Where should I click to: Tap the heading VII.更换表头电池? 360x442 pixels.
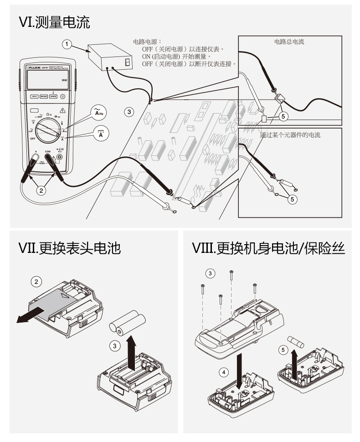(x=69, y=248)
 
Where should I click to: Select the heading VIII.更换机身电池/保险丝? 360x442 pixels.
(x=268, y=248)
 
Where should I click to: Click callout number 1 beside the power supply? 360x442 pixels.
(x=67, y=44)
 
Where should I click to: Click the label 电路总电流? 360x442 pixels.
(x=289, y=42)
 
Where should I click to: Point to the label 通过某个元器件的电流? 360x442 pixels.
(x=290, y=135)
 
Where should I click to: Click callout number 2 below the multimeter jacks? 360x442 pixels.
(x=41, y=190)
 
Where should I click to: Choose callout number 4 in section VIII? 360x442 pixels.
(x=223, y=372)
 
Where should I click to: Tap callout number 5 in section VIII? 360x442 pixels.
(x=283, y=350)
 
